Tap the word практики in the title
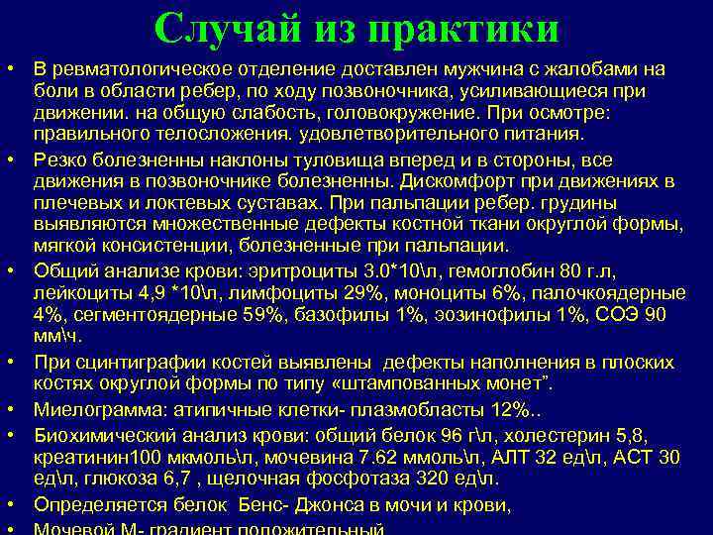(463, 29)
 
